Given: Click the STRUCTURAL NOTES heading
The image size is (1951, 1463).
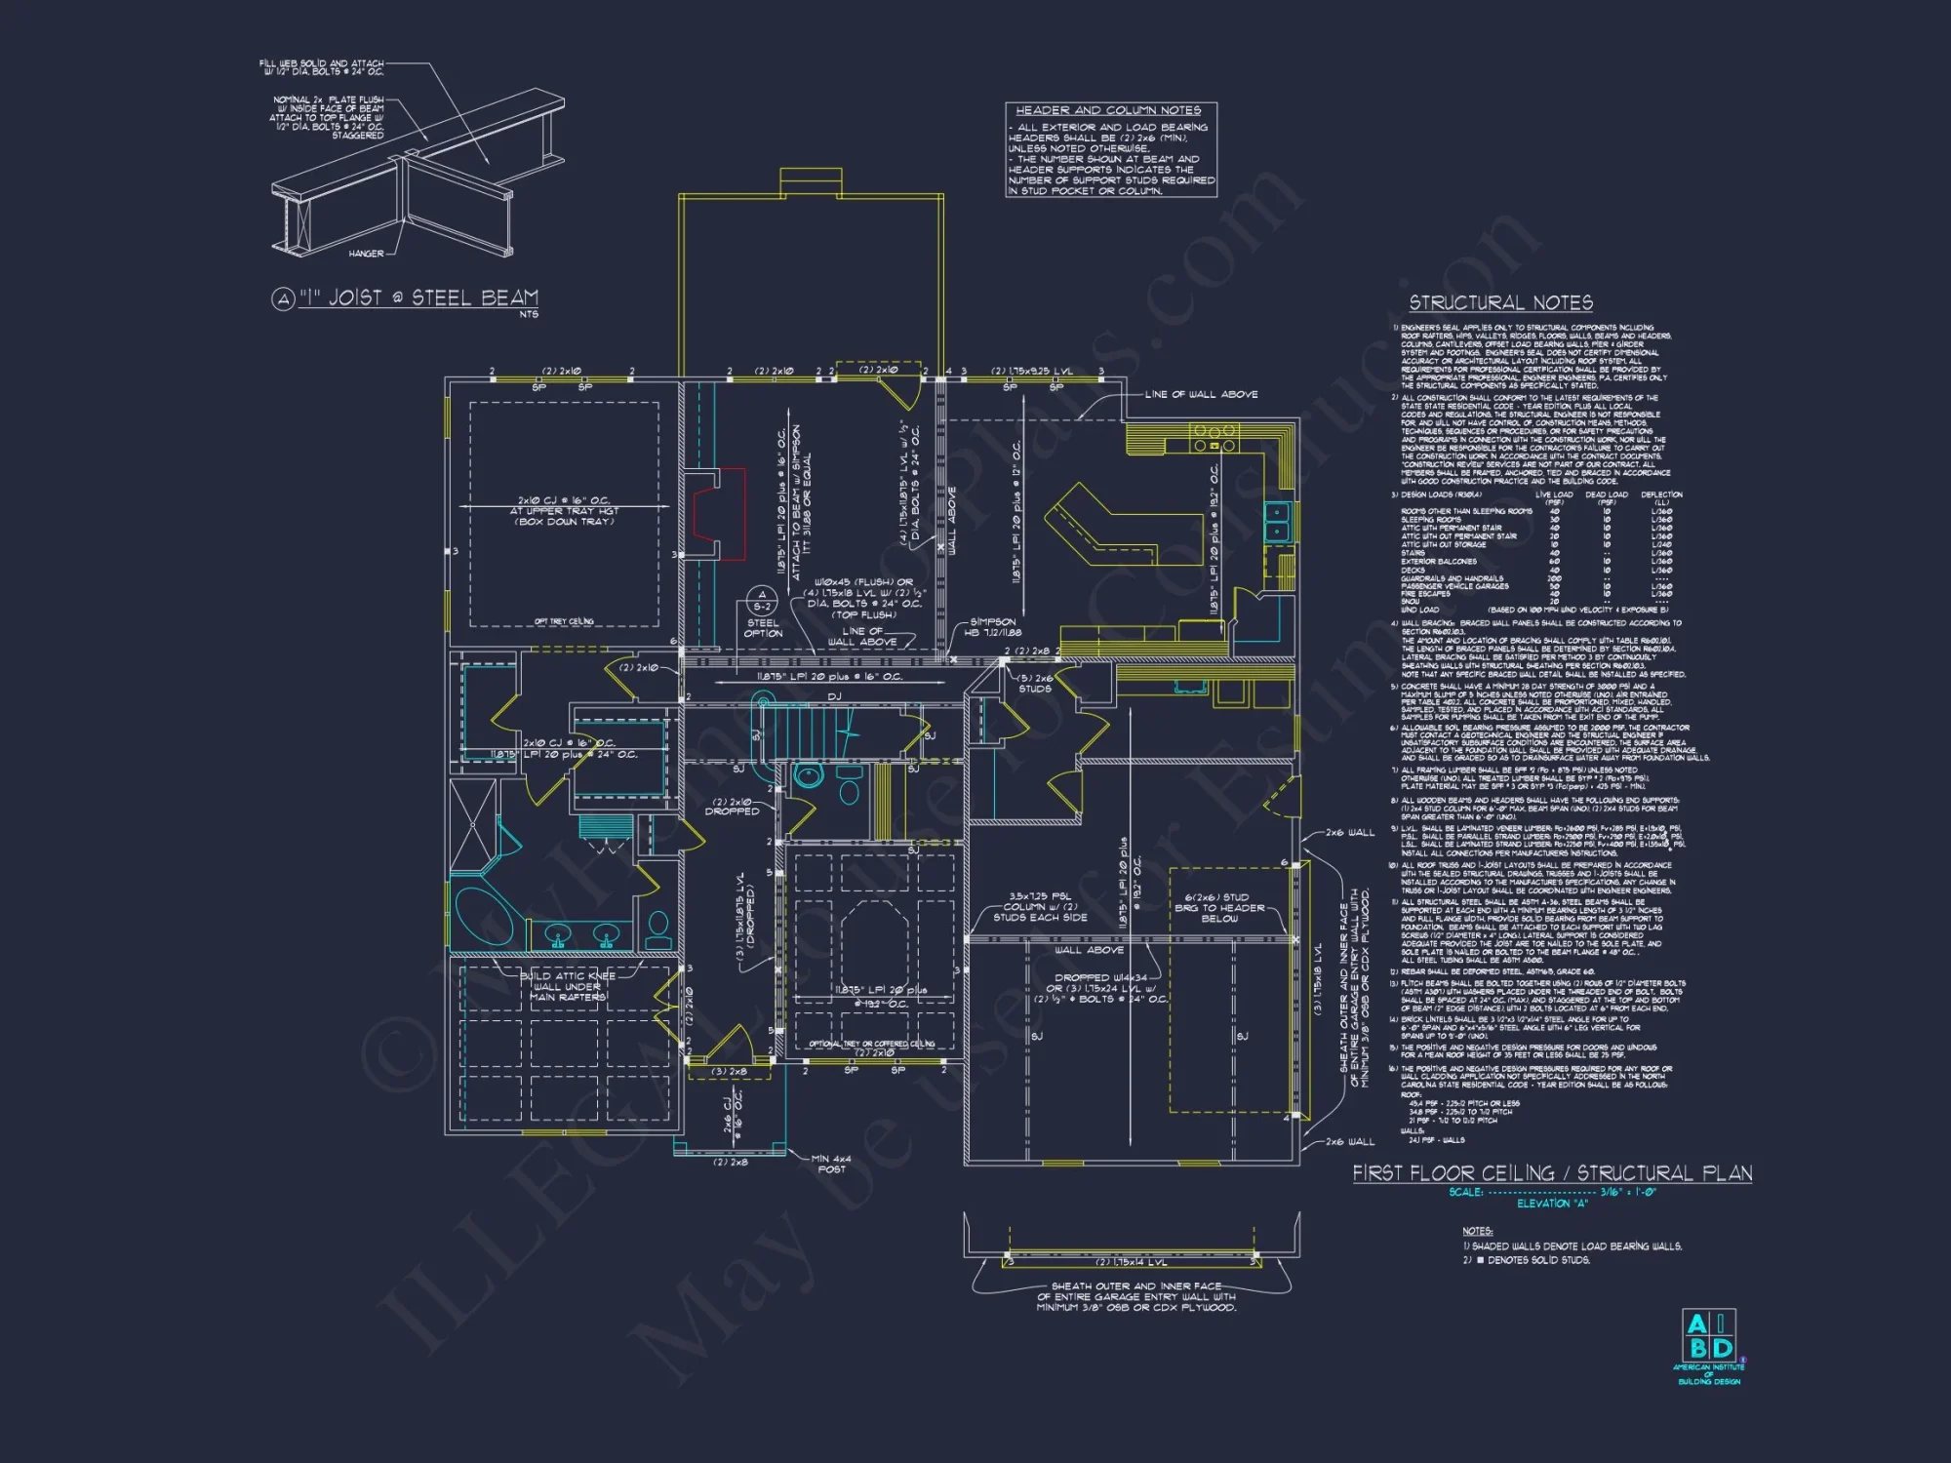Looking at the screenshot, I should click(x=1500, y=303).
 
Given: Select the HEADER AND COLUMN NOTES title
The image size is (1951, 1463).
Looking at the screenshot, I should click(x=1108, y=111).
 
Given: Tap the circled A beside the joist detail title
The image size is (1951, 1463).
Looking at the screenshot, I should click(x=283, y=299).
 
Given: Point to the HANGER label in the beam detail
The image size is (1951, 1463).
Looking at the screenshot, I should click(x=366, y=254).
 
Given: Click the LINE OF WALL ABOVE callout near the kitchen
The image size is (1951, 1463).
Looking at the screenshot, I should click(x=1201, y=394).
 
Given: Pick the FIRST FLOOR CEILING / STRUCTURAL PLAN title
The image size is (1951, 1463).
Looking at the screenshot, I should click(x=1552, y=1173).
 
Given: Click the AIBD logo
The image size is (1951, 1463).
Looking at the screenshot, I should click(x=1709, y=1336).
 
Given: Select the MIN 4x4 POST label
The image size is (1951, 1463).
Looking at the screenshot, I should click(x=831, y=1164).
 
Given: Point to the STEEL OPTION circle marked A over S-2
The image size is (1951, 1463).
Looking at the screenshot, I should click(x=762, y=601).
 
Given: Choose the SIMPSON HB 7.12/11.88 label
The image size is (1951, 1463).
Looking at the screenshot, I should click(x=992, y=627).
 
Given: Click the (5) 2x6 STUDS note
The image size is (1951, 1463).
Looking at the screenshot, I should click(x=1035, y=683).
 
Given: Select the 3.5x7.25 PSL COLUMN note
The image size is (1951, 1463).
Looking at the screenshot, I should click(x=1040, y=907).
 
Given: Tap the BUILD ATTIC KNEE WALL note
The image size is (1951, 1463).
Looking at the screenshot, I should click(x=568, y=986).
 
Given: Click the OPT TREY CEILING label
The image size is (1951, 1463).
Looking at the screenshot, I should click(x=564, y=621).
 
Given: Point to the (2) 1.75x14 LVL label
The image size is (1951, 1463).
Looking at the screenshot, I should click(x=1131, y=1262).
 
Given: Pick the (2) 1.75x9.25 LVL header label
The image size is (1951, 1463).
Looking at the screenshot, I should click(x=1032, y=371).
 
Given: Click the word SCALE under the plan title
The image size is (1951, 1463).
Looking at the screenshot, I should click(x=1465, y=1192).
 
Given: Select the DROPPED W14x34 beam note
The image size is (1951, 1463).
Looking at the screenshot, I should click(x=1100, y=988).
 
